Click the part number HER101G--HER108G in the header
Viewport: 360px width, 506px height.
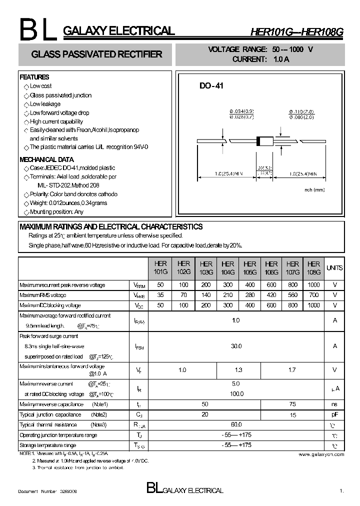coord(296,32)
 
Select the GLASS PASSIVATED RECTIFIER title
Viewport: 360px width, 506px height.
coord(96,54)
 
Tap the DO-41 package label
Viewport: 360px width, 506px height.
coord(211,85)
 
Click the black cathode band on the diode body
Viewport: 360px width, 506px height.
coord(258,141)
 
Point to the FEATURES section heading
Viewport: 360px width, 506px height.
coord(34,77)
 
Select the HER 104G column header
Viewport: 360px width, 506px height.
coord(227,267)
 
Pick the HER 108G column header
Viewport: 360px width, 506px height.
coord(313,267)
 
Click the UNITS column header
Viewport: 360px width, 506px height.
coord(334,268)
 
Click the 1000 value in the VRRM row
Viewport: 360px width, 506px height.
coord(313,285)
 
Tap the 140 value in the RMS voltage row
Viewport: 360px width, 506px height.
coord(206,295)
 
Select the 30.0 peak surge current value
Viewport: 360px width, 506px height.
coord(236,346)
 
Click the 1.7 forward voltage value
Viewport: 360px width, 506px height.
coord(293,370)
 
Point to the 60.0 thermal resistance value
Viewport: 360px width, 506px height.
coord(236,424)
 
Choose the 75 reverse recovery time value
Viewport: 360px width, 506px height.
coord(293,404)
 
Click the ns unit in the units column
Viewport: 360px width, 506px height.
coord(334,404)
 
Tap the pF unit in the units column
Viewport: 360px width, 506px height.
coord(334,414)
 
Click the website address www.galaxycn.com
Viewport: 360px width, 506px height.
coord(321,454)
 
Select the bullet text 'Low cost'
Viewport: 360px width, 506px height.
coord(40,86)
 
